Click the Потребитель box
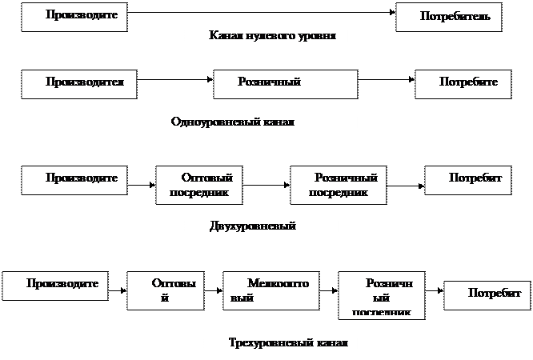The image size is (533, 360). tap(448, 17)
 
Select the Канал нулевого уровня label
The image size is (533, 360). tap(267, 37)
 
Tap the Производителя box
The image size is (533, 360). tap(78, 83)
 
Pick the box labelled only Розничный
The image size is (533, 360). tap(285, 83)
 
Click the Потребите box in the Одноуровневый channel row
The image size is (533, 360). tap(462, 83)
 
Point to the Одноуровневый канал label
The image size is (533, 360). tap(251, 123)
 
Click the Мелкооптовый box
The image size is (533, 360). tap(266, 290)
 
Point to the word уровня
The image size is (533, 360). tap(314, 37)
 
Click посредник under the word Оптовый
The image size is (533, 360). tap(200, 193)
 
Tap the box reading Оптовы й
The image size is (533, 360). tap(165, 290)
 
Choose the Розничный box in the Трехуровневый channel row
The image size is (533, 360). tap(381, 294)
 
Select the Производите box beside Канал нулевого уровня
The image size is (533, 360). tap(74, 17)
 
